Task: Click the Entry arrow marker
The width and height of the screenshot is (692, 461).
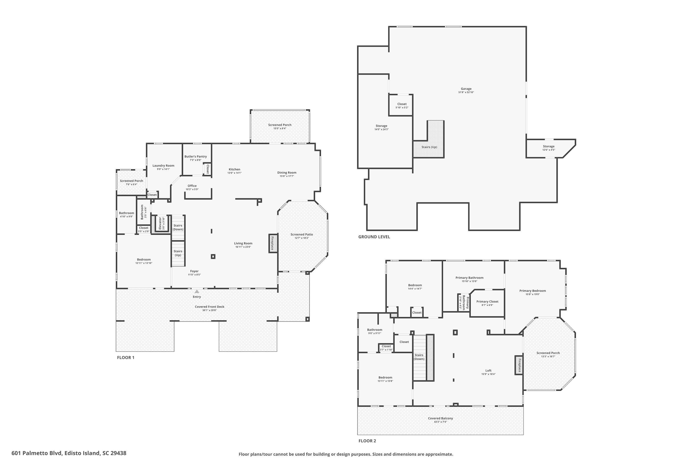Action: point(197,291)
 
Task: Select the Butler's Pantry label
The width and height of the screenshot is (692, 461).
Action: point(196,157)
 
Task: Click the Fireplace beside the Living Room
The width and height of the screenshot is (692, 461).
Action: point(273,243)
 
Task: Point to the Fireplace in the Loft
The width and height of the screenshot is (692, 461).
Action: point(519,365)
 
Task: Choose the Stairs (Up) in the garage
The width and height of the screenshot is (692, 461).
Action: point(429,147)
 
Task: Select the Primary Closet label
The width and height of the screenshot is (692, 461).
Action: point(487,301)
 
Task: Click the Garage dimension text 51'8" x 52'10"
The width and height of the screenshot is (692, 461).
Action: point(466,92)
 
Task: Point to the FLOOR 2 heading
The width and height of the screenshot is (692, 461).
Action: point(367,441)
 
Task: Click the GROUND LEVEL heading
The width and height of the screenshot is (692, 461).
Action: point(374,237)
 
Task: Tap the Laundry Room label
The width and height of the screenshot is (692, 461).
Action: point(163,165)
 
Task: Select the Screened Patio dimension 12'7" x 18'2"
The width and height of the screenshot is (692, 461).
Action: point(301,238)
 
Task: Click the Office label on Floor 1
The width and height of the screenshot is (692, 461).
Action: point(192,186)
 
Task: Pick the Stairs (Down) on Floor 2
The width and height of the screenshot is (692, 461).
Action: point(419,357)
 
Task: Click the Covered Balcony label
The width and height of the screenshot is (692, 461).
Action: point(440,418)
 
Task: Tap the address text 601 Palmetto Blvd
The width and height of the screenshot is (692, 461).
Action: point(69,453)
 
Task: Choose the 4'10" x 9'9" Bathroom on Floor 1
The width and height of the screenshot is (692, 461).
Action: point(126,215)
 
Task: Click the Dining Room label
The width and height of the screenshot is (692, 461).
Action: point(286,173)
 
